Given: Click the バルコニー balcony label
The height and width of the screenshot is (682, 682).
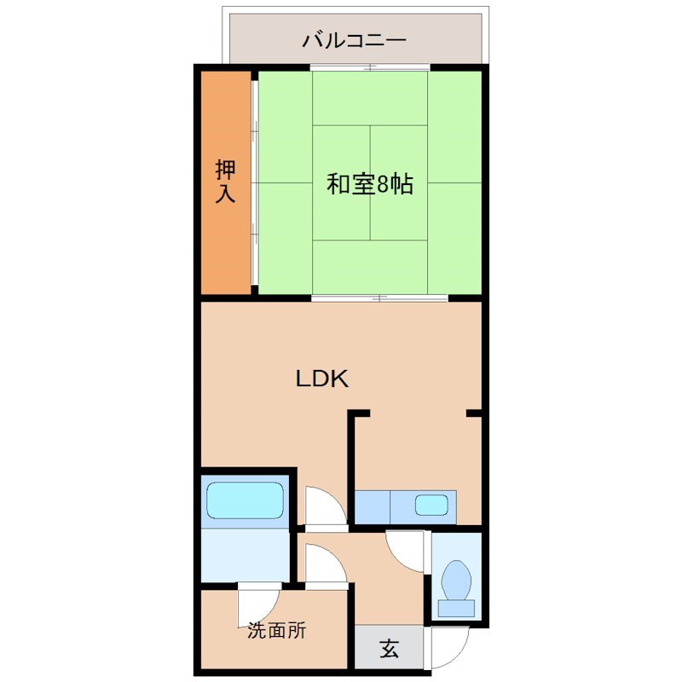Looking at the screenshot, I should [355, 40].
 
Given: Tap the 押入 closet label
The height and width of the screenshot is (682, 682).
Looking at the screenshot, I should [224, 180].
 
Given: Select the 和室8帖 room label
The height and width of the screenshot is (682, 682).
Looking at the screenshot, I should [370, 184].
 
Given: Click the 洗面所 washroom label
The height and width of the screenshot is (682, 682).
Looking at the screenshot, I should [276, 632].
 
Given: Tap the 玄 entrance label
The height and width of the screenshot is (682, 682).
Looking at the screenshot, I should [389, 649].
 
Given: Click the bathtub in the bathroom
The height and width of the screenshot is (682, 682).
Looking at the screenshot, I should [245, 500].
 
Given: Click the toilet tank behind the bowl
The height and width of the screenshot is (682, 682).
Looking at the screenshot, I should [457, 608].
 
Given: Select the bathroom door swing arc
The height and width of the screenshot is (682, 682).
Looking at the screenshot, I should [325, 506].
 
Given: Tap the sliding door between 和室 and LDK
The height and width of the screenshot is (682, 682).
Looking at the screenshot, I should [379, 298].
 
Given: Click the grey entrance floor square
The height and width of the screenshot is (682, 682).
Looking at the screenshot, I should [389, 649].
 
